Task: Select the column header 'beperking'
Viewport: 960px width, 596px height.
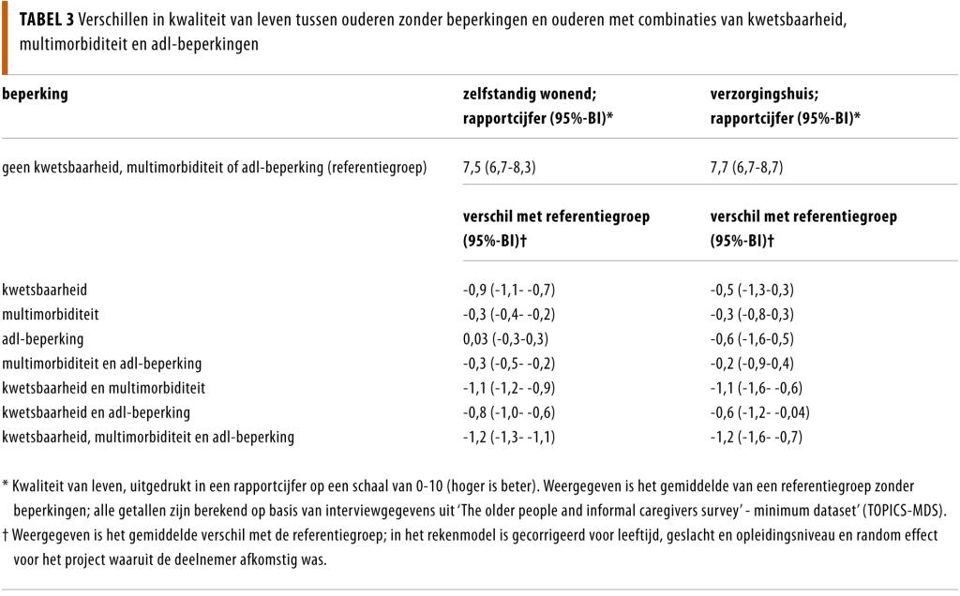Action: pyautogui.click(x=36, y=95)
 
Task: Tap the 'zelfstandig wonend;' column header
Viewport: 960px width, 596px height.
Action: pyautogui.click(x=530, y=95)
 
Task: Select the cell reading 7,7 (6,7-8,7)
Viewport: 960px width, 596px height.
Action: pyautogui.click(x=748, y=168)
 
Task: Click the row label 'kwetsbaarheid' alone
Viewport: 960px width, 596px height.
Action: pyautogui.click(x=45, y=290)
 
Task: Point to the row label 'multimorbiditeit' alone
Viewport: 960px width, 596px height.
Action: pyautogui.click(x=51, y=314)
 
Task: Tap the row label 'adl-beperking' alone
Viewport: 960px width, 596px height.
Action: pyautogui.click(x=43, y=338)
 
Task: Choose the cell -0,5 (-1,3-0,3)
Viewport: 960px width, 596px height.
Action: pyautogui.click(x=754, y=290)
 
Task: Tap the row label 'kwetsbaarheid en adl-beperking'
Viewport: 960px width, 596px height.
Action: pyautogui.click(x=97, y=412)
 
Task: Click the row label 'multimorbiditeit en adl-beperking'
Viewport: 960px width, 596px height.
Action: pyautogui.click(x=102, y=363)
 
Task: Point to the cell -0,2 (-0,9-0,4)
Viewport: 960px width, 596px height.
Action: pyautogui.click(x=754, y=363)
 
